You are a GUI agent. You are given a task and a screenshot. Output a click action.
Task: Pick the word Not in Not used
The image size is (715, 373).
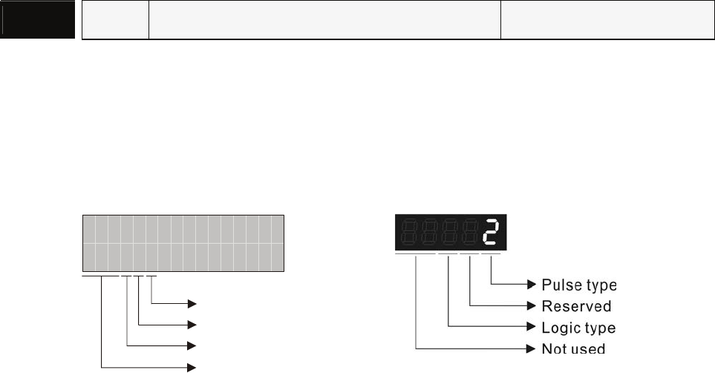point(553,348)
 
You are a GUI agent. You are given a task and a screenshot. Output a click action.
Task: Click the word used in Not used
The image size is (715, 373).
point(589,348)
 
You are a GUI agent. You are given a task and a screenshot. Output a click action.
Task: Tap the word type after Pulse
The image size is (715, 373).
point(600,286)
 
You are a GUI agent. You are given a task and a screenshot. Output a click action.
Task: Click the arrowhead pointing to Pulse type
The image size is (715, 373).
point(532,285)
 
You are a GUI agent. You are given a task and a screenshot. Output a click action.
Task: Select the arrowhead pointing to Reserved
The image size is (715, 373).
point(532,305)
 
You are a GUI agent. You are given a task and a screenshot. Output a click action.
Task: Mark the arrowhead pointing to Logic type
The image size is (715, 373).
point(532,326)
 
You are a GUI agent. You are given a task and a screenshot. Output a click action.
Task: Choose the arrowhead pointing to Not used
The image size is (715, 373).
point(532,347)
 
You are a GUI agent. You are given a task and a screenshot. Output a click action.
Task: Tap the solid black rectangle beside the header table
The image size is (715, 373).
point(38,20)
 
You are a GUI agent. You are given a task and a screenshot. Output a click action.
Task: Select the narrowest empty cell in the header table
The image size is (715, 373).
point(115,20)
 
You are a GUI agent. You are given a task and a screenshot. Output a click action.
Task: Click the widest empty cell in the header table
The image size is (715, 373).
point(325,20)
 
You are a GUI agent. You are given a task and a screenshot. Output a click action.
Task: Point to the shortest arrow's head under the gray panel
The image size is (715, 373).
point(192,303)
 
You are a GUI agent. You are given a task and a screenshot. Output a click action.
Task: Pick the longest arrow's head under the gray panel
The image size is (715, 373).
point(192,366)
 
